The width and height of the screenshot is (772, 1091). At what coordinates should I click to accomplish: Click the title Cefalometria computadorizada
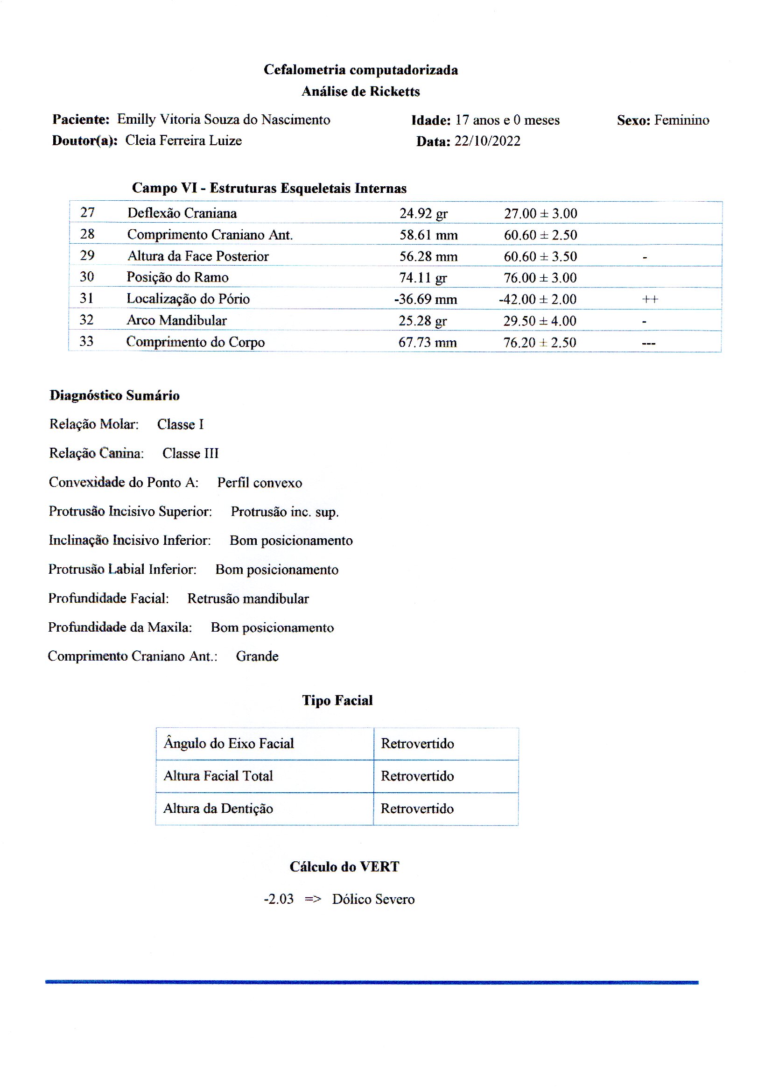pyautogui.click(x=361, y=70)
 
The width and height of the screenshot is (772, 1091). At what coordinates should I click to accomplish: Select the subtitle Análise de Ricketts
pyautogui.click(x=361, y=92)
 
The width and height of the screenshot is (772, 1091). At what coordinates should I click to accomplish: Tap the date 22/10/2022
pyautogui.click(x=487, y=141)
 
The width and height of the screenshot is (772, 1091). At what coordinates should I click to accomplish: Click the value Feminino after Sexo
pyautogui.click(x=681, y=120)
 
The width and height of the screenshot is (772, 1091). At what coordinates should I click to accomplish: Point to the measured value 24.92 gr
pyautogui.click(x=423, y=213)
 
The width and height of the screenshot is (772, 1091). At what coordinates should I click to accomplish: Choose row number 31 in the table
pyautogui.click(x=86, y=298)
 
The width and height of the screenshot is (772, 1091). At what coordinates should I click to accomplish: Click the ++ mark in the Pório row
pyautogui.click(x=650, y=300)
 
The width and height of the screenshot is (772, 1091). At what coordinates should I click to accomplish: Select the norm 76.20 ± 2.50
pyautogui.click(x=540, y=342)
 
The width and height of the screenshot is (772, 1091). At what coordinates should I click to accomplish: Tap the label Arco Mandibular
pyautogui.click(x=176, y=320)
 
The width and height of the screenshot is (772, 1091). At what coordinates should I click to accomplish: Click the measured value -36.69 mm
pyautogui.click(x=426, y=300)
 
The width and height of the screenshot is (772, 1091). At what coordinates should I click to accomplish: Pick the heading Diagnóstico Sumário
pyautogui.click(x=114, y=395)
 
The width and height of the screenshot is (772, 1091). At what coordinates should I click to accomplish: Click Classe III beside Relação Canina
pyautogui.click(x=190, y=453)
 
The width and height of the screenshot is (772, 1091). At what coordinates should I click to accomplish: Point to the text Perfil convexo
pyautogui.click(x=260, y=483)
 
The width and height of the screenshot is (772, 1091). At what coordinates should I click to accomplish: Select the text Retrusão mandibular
pyautogui.click(x=248, y=599)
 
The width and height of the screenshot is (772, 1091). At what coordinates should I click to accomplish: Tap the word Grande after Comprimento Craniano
pyautogui.click(x=257, y=656)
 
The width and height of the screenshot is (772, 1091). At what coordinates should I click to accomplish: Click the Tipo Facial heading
pyautogui.click(x=337, y=701)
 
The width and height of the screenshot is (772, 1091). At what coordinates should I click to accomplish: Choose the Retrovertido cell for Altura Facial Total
pyautogui.click(x=417, y=776)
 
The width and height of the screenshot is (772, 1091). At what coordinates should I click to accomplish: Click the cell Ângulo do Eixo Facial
pyautogui.click(x=229, y=744)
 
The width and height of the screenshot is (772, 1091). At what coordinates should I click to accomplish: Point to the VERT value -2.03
pyautogui.click(x=279, y=900)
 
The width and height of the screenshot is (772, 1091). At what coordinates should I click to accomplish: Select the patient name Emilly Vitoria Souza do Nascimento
pyautogui.click(x=224, y=120)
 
